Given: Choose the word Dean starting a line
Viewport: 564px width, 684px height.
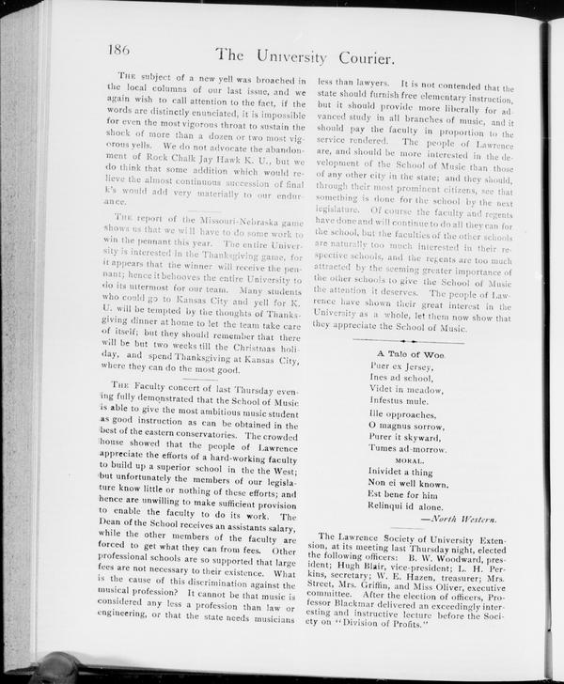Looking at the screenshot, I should coord(126,529).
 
